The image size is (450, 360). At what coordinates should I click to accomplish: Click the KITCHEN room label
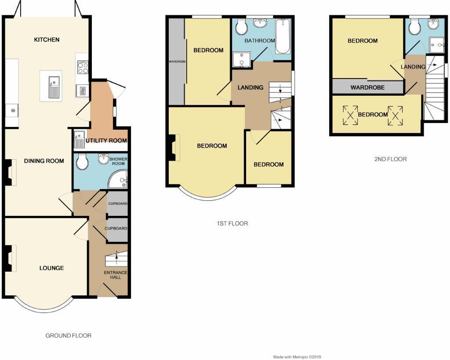(47, 40)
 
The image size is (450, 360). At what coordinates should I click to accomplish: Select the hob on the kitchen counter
(82, 68)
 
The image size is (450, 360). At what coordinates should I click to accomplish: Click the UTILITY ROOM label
(106, 141)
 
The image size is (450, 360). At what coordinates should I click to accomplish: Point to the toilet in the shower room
(82, 163)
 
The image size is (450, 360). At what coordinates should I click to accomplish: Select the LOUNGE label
(51, 268)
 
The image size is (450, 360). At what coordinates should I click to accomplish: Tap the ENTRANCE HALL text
(116, 275)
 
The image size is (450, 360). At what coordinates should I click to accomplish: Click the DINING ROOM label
(44, 161)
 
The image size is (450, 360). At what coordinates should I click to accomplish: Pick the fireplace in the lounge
(10, 258)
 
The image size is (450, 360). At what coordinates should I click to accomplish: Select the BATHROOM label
(260, 41)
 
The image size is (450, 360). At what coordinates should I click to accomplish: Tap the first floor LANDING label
(250, 87)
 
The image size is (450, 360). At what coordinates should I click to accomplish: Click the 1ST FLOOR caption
(232, 223)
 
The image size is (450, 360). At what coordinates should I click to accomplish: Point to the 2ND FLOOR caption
(390, 159)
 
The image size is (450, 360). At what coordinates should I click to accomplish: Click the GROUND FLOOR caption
(69, 335)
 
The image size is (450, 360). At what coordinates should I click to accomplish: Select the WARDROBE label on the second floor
(367, 87)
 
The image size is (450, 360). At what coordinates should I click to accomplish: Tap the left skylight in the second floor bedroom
(350, 115)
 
